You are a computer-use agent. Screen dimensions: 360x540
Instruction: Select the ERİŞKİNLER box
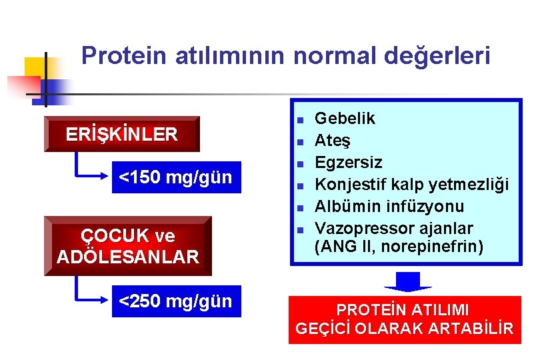tap(121, 135)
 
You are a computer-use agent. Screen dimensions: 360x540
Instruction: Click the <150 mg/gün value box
tap(175, 177)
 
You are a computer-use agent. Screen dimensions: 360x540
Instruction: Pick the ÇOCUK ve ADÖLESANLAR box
tap(127, 246)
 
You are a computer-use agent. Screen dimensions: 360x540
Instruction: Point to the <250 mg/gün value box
tap(175, 301)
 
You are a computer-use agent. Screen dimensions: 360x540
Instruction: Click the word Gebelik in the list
tap(345, 119)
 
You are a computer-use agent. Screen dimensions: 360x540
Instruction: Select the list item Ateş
tap(333, 141)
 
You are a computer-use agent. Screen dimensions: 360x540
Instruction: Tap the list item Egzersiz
tap(348, 163)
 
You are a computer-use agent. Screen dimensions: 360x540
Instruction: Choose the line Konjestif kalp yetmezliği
tap(411, 185)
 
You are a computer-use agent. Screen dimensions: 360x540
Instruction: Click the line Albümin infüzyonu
tap(389, 207)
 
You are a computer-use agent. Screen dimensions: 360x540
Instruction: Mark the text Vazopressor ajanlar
tap(393, 229)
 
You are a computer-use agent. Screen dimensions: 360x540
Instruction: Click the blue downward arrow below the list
tap(408, 280)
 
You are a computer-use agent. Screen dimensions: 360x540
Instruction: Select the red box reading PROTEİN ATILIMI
tap(404, 319)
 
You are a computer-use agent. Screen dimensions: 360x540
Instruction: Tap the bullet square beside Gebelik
tap(300, 120)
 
